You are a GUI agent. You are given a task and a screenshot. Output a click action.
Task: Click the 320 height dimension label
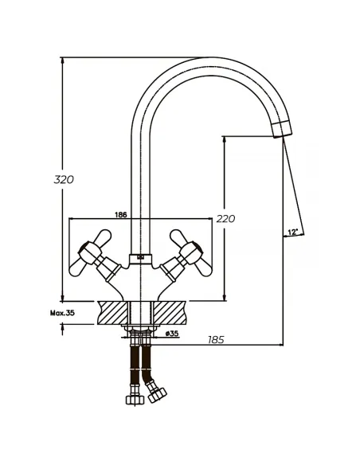tap(64, 179)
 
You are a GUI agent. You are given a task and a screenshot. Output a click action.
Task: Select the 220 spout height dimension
tap(225, 218)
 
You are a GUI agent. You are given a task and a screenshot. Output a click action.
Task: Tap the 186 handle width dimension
tap(121, 215)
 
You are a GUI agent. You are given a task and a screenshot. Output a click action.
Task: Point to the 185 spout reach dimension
tap(216, 339)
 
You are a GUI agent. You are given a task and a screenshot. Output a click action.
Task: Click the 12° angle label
tap(292, 232)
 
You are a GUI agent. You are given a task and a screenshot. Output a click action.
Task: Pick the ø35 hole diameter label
tap(172, 334)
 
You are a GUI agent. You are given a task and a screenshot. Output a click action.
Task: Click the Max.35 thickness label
tap(62, 313)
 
